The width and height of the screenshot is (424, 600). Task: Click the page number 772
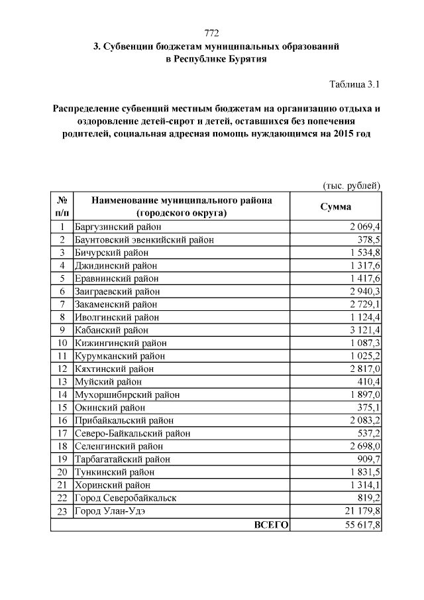(x=211, y=33)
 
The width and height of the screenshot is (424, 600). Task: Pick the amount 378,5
(x=366, y=240)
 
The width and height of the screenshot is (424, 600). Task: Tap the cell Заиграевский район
(x=117, y=291)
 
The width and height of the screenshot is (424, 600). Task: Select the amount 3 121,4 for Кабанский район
(x=362, y=330)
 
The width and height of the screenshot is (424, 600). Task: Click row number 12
(x=62, y=369)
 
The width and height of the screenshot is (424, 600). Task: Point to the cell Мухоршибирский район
(x=127, y=394)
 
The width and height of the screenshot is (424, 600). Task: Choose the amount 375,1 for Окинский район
(x=366, y=407)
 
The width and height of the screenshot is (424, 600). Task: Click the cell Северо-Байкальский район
(x=132, y=433)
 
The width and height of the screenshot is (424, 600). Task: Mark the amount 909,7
(x=366, y=459)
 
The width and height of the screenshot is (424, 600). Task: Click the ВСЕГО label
(x=271, y=524)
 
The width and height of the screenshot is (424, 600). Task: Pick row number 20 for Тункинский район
(x=62, y=472)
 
